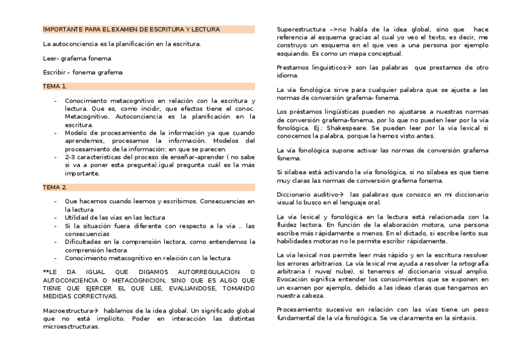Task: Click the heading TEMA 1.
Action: click(x=55, y=87)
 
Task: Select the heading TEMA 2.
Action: click(x=55, y=188)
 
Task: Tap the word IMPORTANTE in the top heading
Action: click(x=60, y=29)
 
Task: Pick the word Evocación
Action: click(x=293, y=279)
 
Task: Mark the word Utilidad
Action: click(x=78, y=217)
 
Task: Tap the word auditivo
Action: click(x=324, y=194)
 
